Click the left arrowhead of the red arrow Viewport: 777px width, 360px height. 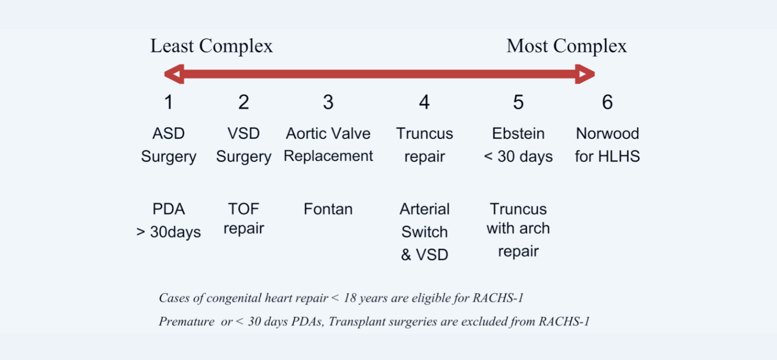tap(174, 74)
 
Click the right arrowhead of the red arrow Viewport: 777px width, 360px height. tap(585, 74)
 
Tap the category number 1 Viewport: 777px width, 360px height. tap(169, 102)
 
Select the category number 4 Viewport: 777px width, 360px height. tap(424, 102)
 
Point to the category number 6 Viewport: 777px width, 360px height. tap(607, 102)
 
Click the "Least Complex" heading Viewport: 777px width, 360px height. tap(212, 46)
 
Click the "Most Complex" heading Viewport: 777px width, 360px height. tap(567, 46)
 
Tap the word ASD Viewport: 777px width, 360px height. tap(169, 134)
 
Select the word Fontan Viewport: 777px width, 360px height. tap(328, 209)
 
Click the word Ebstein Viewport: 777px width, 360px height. tap(518, 134)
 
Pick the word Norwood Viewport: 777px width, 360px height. tap(607, 134)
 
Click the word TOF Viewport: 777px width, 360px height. tap(244, 209)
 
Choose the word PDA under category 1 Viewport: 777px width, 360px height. tap(169, 209)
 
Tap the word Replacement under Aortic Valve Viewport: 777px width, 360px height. tap(328, 156)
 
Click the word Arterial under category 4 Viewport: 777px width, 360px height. tap(424, 209)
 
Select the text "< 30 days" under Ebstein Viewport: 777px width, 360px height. tap(518, 156)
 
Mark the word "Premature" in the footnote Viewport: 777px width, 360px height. tap(187, 322)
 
